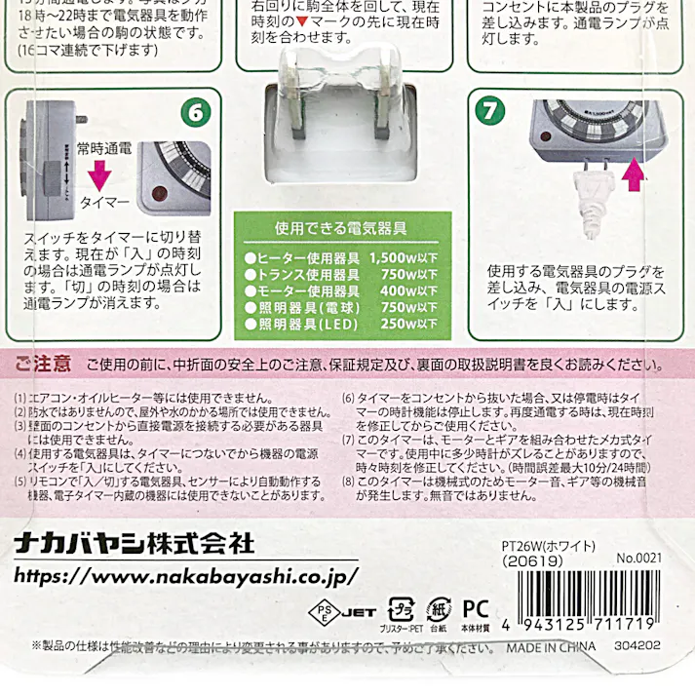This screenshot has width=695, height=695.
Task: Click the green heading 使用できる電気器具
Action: click(x=340, y=229)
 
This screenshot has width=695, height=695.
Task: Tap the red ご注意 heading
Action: click(x=42, y=365)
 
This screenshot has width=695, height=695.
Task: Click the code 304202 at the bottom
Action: click(x=637, y=646)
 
